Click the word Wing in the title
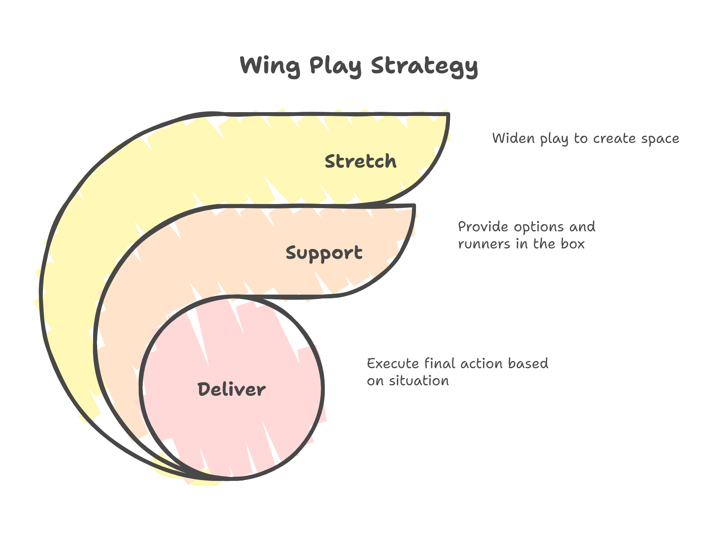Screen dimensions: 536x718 [x=270, y=66]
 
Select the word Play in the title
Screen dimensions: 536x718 [x=335, y=66]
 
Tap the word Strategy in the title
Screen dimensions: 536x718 [x=424, y=66]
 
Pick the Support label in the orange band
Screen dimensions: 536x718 [x=324, y=253]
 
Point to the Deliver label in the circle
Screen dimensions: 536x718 [x=231, y=389]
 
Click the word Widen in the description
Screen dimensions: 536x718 [x=513, y=138]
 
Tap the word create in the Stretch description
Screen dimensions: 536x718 [x=614, y=138]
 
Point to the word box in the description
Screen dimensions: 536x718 [x=573, y=244]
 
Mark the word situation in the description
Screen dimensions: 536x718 [x=419, y=380]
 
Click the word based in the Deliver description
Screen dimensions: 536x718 [x=528, y=363]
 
